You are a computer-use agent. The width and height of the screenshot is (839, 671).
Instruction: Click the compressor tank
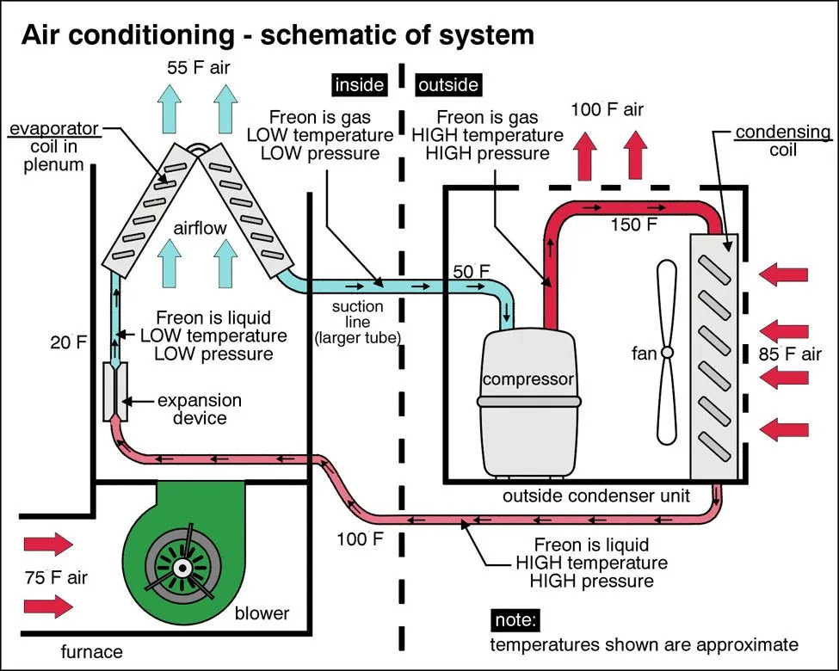pos(527,404)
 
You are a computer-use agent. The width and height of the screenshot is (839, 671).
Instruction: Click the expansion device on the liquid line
pos(115,391)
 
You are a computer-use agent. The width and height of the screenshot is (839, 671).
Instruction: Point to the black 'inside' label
pos(359,85)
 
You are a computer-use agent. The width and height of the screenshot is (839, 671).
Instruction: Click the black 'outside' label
pos(447,85)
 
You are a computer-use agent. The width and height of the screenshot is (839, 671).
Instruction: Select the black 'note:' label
pos(515,619)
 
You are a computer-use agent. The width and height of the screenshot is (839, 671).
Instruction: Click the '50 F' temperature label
pos(472,272)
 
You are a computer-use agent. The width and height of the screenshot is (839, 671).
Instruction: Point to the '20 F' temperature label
pos(70,342)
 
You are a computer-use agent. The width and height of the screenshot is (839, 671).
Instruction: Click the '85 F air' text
pos(788,354)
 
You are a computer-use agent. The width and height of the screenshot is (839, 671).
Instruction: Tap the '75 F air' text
pos(55,576)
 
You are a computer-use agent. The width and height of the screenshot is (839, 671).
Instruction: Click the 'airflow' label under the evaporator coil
pos(200,228)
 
